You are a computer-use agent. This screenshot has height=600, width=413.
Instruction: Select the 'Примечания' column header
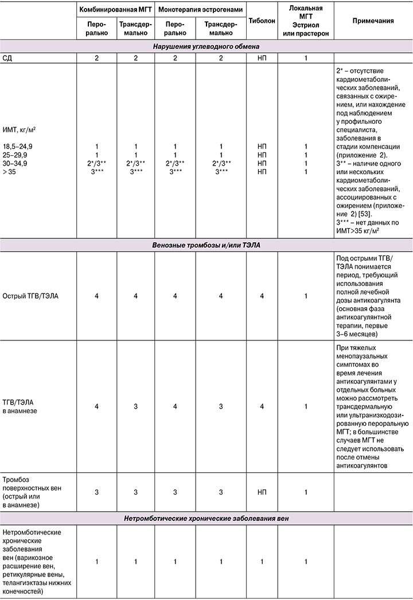(372, 21)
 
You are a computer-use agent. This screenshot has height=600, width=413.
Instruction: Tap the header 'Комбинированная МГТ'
(115, 10)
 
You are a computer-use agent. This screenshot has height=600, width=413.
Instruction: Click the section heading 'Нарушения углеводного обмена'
(206, 46)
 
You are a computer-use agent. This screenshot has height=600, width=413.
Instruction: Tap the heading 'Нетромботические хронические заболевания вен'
(206, 519)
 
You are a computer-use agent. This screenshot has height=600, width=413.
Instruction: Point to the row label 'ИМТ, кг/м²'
(22, 130)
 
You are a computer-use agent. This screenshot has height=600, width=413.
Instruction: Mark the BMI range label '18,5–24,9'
(20, 147)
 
